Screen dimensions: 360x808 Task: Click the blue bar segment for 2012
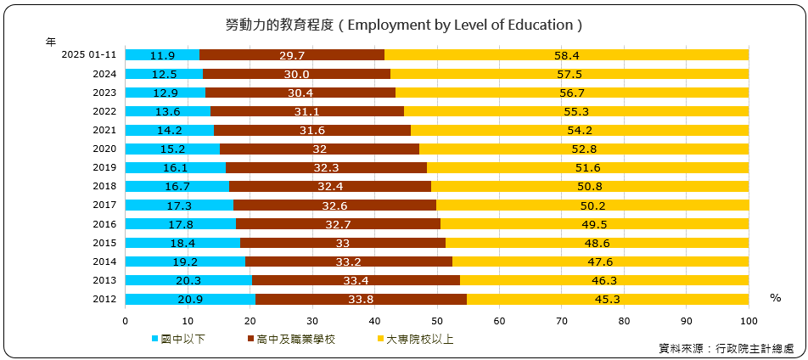pos(190,299)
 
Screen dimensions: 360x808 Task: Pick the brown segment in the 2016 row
pos(338,224)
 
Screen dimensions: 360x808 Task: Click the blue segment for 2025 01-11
pos(162,55)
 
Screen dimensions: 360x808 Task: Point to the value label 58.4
pos(567,55)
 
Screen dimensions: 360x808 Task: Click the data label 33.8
pos(361,299)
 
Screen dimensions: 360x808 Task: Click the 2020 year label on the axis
pos(104,149)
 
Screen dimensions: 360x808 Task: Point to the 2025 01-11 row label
pos(89,55)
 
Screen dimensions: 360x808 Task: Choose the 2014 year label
pos(104,262)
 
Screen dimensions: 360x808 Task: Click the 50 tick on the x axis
pos(437,320)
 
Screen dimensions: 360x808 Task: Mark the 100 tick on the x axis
pos(749,320)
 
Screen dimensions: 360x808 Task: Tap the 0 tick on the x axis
pos(126,320)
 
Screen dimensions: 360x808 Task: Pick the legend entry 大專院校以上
pos(419,339)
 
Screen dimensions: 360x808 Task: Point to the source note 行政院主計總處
pos(755,348)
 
